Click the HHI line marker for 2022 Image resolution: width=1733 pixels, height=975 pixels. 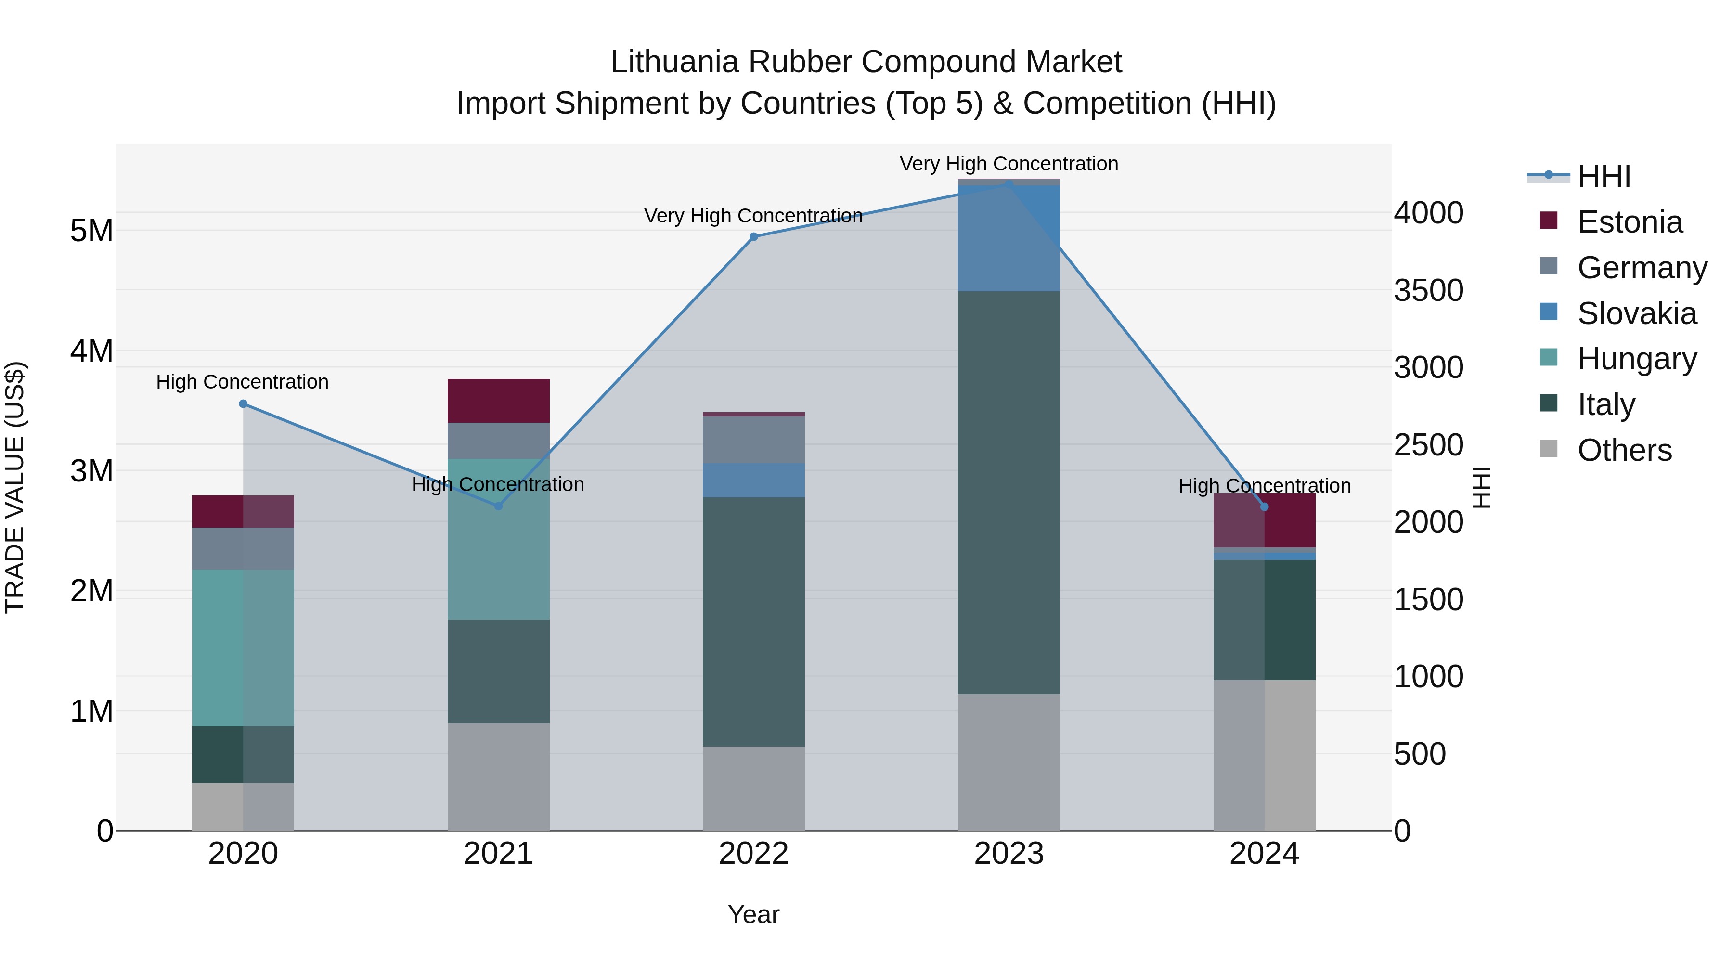pos(753,237)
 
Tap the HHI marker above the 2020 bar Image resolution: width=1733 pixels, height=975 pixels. pos(244,404)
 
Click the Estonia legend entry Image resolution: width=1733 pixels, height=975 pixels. pos(1630,222)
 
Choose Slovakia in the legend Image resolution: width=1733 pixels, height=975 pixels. pos(1636,313)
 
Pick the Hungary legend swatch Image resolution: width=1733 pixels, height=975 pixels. pos(1549,357)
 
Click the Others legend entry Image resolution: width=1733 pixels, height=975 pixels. pos(1624,450)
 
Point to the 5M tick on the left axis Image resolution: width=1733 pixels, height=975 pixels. pos(91,231)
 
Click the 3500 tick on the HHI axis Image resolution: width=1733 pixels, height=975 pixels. pos(1428,291)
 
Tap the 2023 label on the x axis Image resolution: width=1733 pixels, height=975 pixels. pos(1009,854)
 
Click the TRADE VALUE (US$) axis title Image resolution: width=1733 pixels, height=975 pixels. pos(15,487)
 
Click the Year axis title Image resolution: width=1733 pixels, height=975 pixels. pos(753,914)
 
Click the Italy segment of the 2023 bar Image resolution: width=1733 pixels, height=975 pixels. pos(1009,493)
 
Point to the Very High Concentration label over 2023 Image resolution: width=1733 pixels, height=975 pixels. pos(1009,164)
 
